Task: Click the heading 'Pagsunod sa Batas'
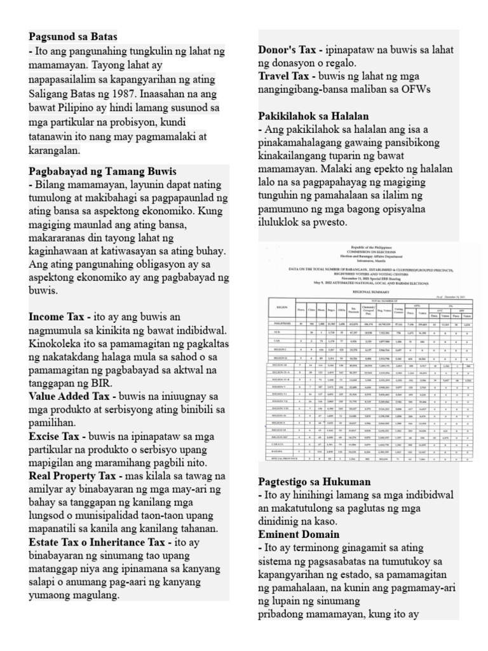[73, 36]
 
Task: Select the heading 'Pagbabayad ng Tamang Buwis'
[102, 172]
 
